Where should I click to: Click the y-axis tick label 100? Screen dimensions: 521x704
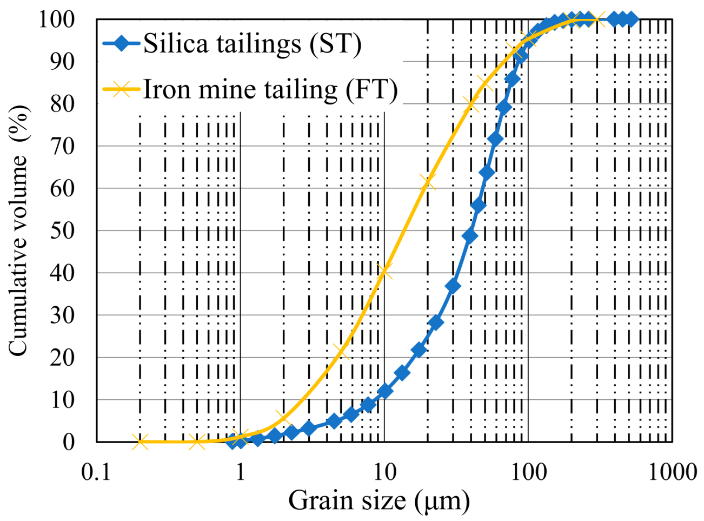(56, 19)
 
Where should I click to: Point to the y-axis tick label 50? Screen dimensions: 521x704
(62, 230)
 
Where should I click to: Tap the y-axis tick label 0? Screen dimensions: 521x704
(69, 442)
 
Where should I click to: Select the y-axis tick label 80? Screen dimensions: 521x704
(62, 103)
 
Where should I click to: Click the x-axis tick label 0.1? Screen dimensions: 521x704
(96, 472)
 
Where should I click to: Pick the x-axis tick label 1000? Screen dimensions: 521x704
(672, 472)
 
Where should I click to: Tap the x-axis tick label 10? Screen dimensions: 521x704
(384, 472)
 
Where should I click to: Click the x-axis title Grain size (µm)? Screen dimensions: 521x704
(378, 500)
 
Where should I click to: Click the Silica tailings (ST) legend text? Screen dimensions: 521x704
(252, 43)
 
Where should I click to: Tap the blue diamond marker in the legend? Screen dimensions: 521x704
(122, 43)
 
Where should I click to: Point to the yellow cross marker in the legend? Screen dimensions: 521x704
(122, 89)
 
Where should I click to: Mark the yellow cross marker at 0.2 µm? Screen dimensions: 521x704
(140, 442)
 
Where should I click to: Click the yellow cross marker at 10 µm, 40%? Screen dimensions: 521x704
(384, 272)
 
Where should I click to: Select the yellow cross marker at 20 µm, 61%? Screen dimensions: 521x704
(427, 183)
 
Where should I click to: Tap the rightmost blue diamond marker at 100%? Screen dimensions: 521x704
(630, 19)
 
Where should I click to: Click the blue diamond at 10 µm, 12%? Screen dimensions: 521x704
(384, 391)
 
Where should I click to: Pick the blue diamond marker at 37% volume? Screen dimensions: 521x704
(453, 286)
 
